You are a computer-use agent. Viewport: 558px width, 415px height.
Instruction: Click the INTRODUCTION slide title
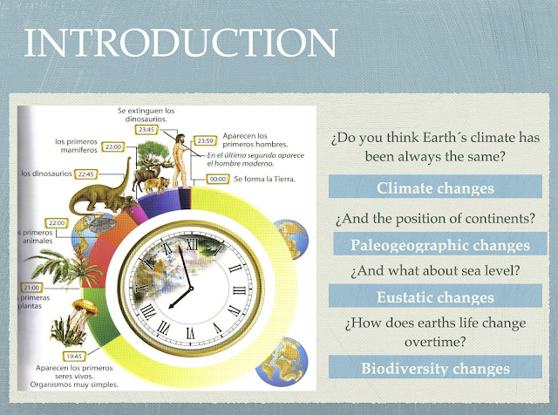[180, 43]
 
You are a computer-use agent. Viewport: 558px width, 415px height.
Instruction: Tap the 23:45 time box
[146, 130]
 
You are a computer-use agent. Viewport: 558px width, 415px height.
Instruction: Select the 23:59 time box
[205, 141]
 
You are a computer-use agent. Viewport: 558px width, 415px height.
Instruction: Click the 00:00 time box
[217, 179]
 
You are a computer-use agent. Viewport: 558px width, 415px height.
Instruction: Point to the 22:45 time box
[85, 174]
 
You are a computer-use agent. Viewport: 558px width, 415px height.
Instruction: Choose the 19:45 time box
[74, 357]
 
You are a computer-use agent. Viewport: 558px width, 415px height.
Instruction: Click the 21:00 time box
[31, 288]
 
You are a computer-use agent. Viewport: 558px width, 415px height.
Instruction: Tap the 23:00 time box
[113, 146]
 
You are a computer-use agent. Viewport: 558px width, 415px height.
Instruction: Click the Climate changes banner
[435, 187]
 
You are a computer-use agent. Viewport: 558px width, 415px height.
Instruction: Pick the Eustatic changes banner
[435, 296]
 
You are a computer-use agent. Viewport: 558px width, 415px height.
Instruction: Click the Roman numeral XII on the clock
[192, 244]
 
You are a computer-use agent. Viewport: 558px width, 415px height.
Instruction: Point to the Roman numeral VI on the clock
[190, 333]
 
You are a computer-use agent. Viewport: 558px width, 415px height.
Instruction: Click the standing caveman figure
[180, 161]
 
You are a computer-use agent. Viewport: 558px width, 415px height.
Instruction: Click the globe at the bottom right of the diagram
[282, 362]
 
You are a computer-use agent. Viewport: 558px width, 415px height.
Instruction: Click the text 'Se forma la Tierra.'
[265, 179]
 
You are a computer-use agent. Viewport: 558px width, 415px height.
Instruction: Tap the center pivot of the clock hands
[191, 289]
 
